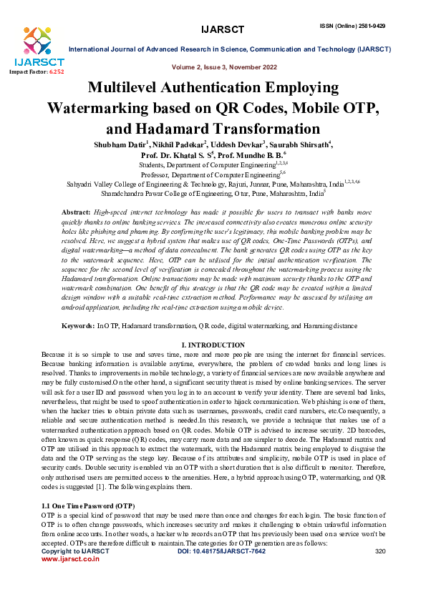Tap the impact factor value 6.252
[56, 72]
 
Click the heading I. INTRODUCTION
[213, 345]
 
